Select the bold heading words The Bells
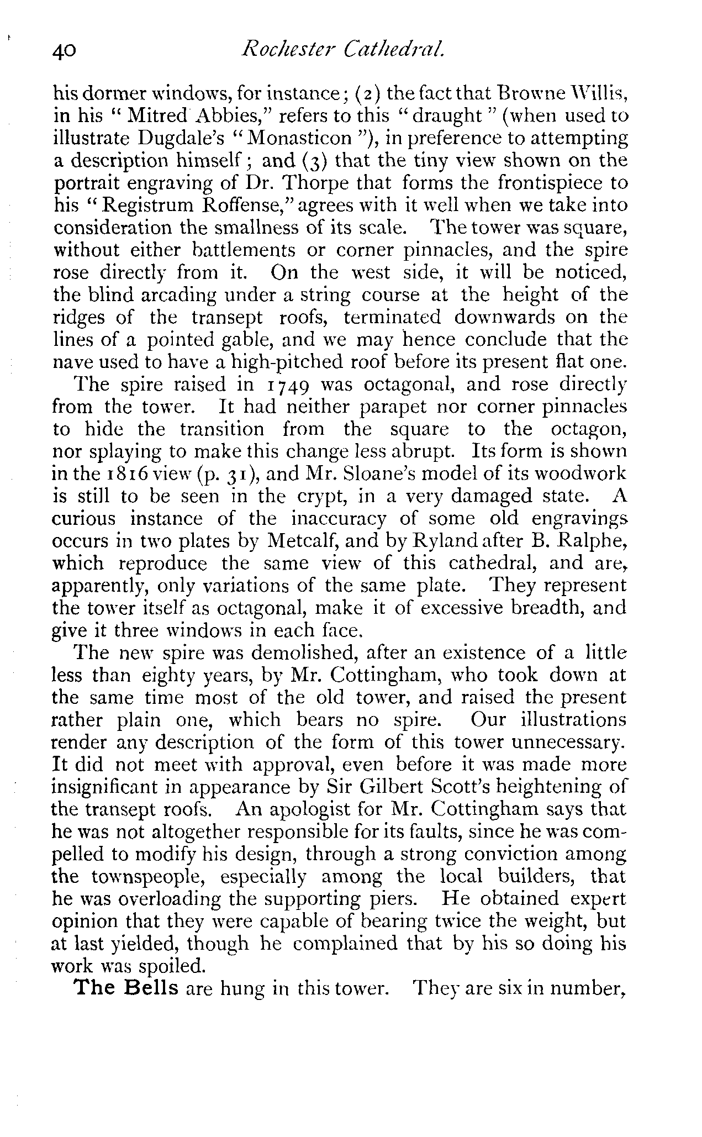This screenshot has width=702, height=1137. tap(126, 987)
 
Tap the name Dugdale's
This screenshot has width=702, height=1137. tap(184, 138)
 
